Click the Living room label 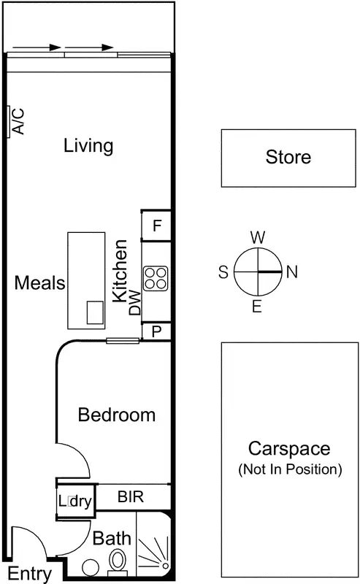[x=88, y=145]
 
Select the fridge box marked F [x=156, y=226]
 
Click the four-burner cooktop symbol [x=155, y=277]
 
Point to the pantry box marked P [x=156, y=331]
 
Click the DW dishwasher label [x=134, y=305]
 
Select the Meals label [x=40, y=283]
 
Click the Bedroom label [x=117, y=415]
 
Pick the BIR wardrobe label [x=131, y=498]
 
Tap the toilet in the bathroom [x=118, y=563]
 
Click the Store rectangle [x=288, y=157]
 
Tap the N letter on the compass [x=292, y=272]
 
